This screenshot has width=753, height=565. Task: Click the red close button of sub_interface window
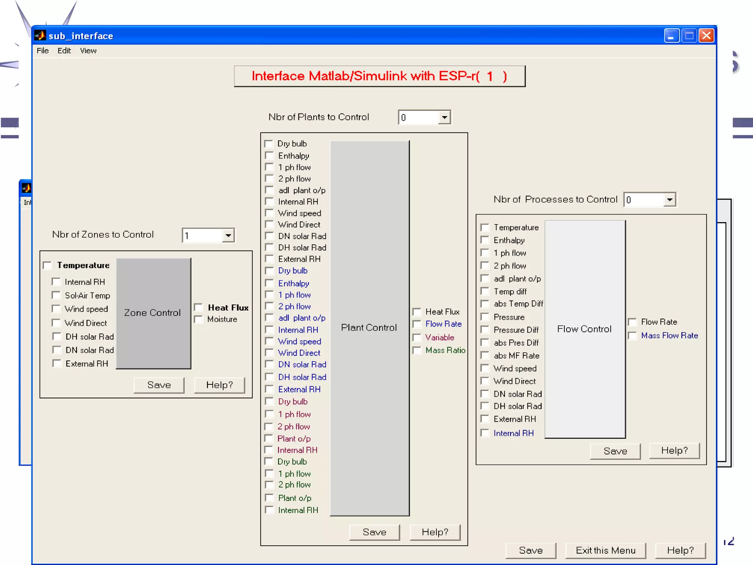click(x=706, y=36)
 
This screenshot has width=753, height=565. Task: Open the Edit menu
click(x=64, y=51)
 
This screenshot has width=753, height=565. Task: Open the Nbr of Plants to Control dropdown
click(x=445, y=118)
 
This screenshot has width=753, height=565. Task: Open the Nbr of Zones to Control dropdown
click(x=228, y=235)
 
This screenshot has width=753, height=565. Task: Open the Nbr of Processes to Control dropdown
click(x=670, y=200)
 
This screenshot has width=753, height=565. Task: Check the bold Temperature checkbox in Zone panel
click(x=48, y=265)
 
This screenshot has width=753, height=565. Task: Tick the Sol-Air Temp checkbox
click(x=56, y=295)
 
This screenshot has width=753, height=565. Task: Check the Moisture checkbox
click(x=199, y=319)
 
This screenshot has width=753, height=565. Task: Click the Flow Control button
click(x=585, y=329)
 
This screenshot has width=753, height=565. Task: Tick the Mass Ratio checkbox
click(x=417, y=350)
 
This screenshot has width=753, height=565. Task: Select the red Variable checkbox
click(x=417, y=337)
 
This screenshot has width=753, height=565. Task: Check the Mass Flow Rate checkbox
click(x=632, y=335)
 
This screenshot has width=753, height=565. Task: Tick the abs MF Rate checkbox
click(x=485, y=356)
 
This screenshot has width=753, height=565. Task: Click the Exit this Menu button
click(x=605, y=550)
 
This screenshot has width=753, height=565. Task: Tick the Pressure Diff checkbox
click(x=485, y=330)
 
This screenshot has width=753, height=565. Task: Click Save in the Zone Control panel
click(x=159, y=385)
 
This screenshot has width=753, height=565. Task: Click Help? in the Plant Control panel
click(x=435, y=532)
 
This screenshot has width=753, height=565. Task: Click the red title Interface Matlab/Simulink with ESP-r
click(x=379, y=76)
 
